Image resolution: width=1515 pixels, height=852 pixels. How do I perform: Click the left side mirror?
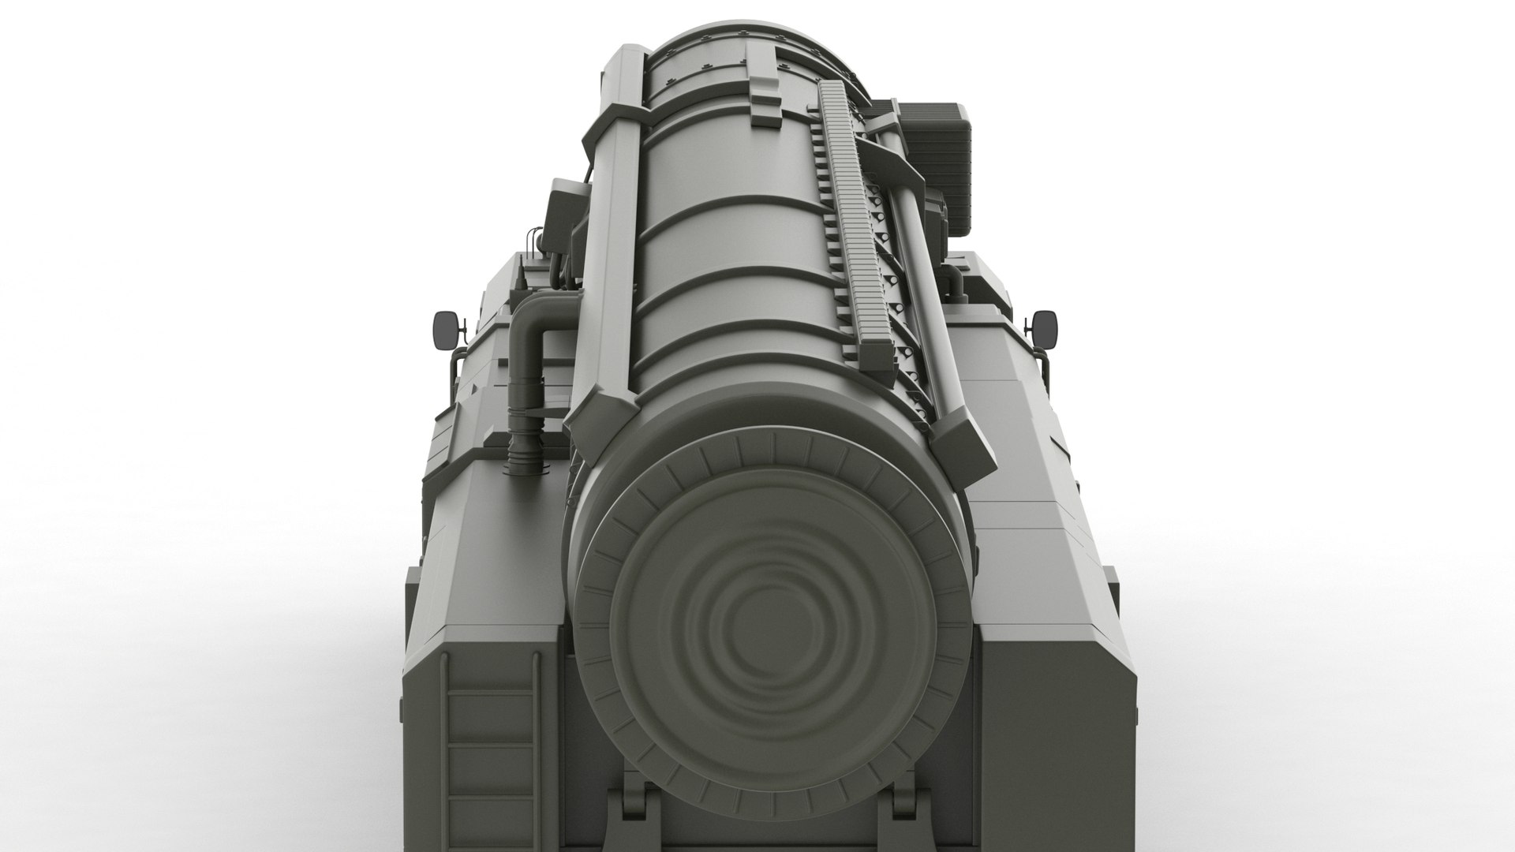pyautogui.click(x=445, y=328)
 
